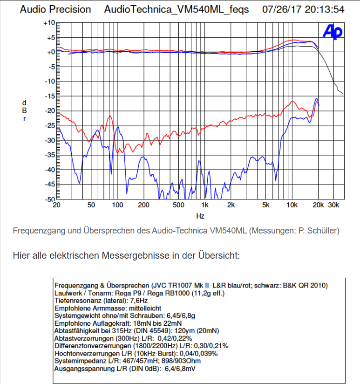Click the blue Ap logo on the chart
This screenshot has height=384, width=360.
(333, 32)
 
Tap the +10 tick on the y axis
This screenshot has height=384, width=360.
(49, 23)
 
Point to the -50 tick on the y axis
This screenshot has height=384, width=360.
(49, 199)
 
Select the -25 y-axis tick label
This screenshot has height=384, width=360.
(49, 125)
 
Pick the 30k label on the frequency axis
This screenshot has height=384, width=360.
(333, 205)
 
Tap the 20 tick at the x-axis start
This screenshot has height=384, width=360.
(57, 205)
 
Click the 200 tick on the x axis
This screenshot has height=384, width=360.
(143, 205)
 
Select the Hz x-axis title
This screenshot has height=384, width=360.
(200, 216)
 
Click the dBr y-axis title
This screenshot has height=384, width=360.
(24, 110)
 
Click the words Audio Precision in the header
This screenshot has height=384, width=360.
(55, 9)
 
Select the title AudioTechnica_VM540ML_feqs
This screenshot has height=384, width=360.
(177, 9)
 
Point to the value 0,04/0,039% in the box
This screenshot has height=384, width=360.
(191, 353)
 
